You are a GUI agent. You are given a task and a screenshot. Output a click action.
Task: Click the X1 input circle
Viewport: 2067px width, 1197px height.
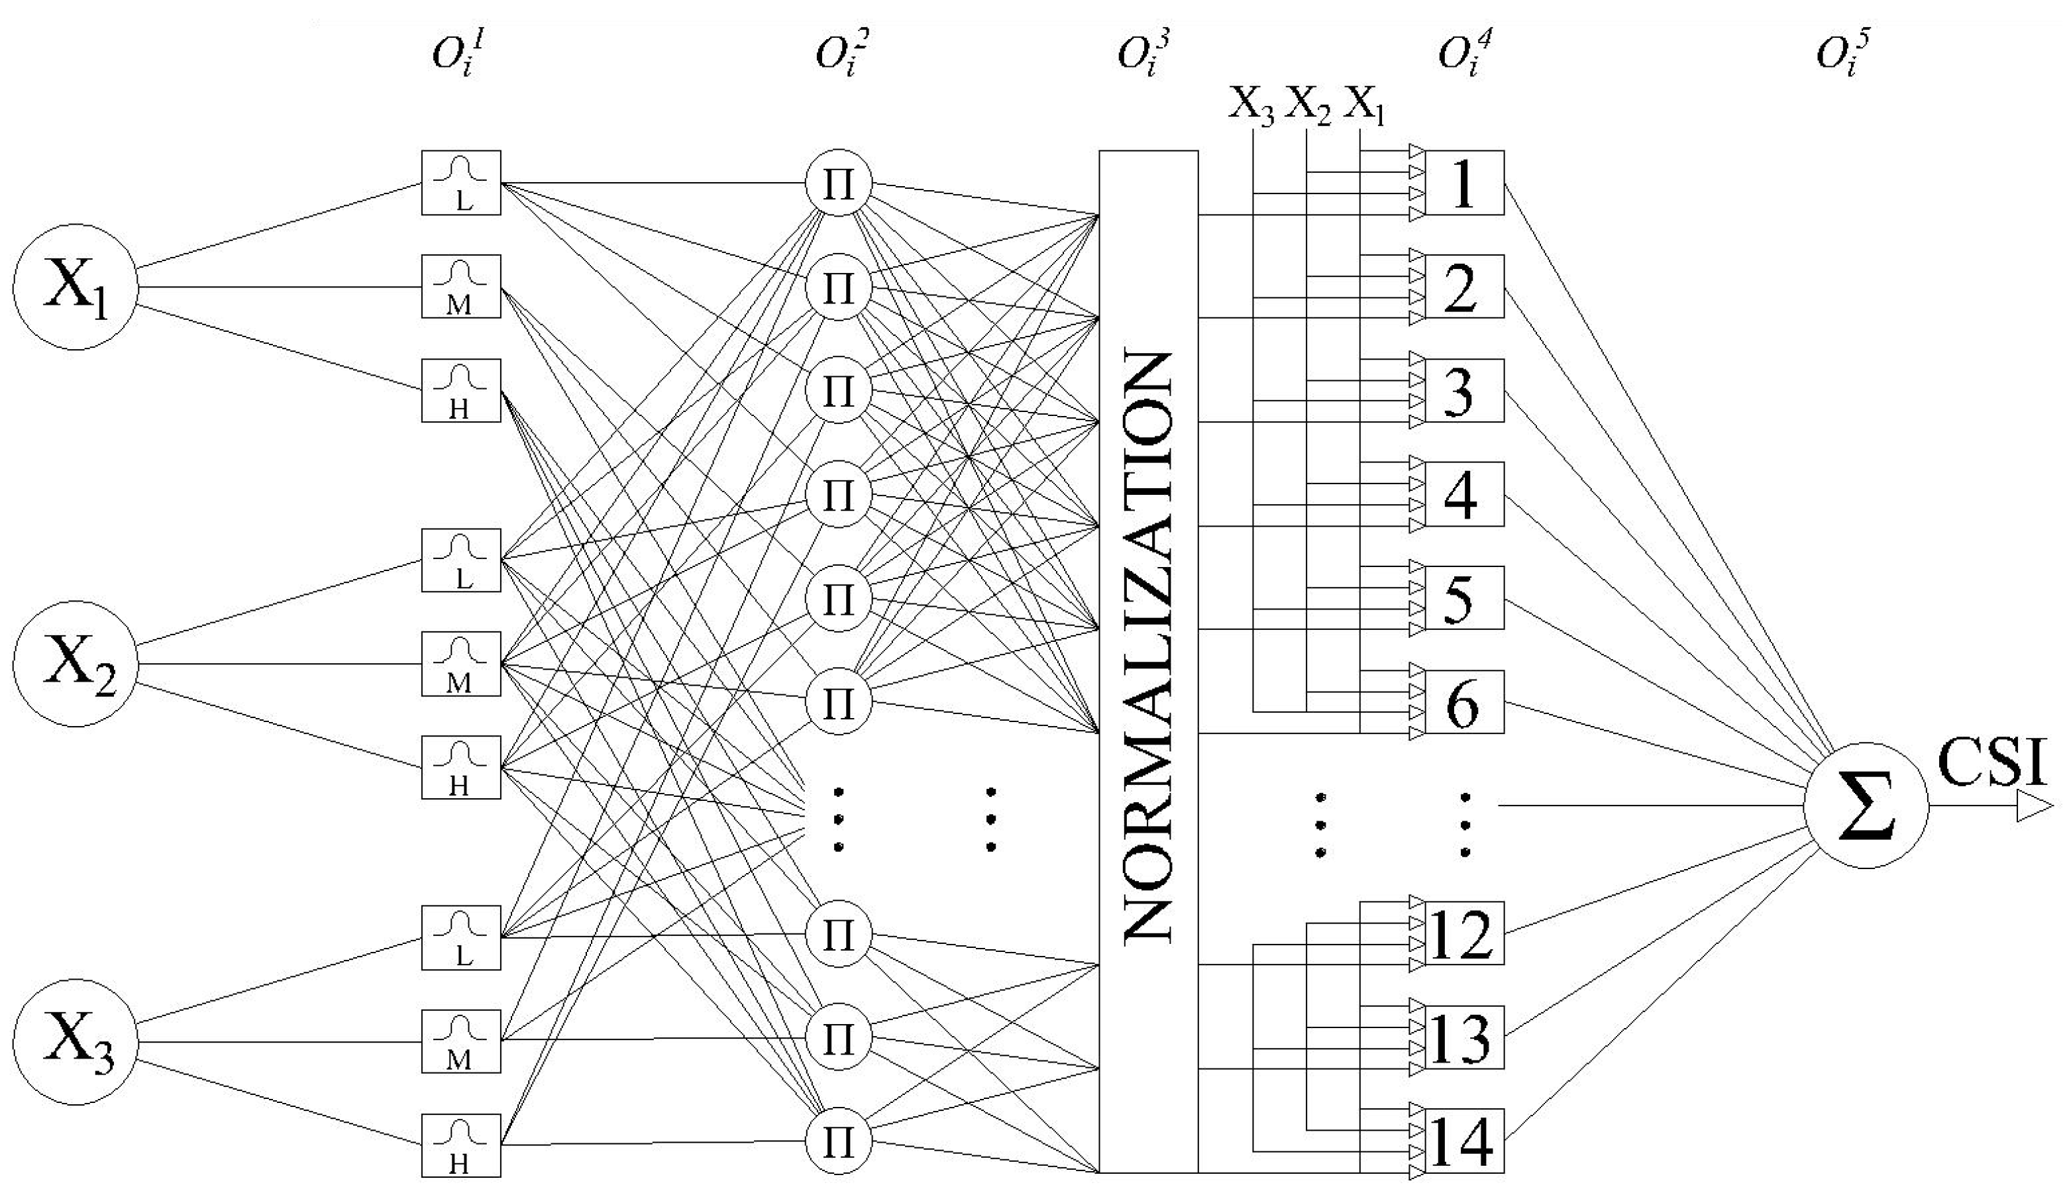[75, 287]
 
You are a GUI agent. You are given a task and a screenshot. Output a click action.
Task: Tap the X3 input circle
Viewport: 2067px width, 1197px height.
[75, 1042]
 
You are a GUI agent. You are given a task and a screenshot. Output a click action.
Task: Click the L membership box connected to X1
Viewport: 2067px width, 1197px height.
[461, 183]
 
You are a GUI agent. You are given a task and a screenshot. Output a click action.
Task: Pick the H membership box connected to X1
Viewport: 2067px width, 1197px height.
[461, 390]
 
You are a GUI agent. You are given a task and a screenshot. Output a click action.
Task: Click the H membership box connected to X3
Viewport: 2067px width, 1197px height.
[461, 1145]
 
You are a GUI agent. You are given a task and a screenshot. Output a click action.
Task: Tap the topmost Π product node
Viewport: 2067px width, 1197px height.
[837, 183]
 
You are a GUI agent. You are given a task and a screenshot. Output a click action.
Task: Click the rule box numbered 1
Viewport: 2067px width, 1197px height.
[1464, 183]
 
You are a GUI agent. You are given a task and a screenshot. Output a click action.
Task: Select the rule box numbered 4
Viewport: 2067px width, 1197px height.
[1464, 494]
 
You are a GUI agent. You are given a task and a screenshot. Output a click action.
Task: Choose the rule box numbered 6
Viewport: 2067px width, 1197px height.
[1464, 702]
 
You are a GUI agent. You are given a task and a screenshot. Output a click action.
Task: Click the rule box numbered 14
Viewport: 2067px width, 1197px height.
[1464, 1141]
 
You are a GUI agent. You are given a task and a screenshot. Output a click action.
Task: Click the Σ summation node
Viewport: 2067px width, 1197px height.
[1866, 806]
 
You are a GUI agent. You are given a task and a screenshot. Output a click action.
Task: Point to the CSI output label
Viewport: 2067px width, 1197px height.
[1991, 762]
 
